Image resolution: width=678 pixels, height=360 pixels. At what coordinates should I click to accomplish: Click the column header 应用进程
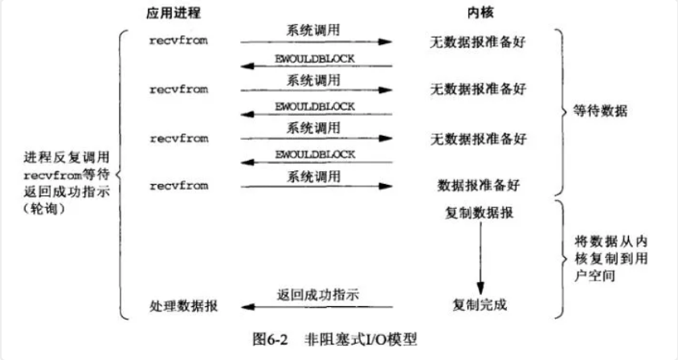[174, 14]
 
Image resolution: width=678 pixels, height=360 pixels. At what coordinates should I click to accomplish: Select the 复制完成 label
[480, 306]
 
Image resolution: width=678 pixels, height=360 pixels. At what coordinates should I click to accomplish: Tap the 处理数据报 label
[183, 306]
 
